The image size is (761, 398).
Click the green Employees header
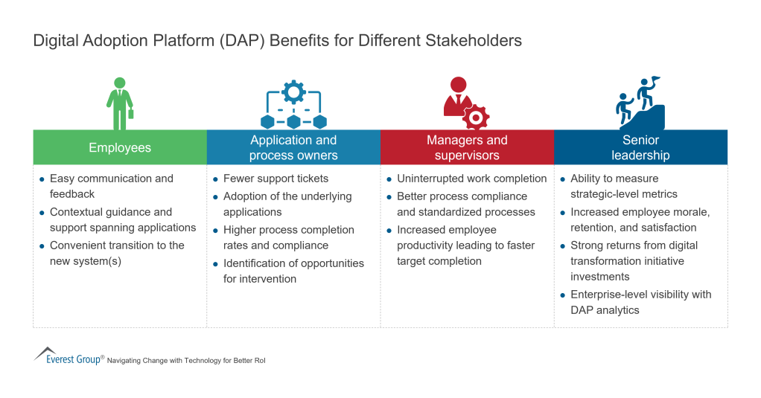(120, 147)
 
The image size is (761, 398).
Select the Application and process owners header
(293, 147)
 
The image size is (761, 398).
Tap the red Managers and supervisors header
(467, 147)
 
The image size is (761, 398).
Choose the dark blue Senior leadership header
(640, 147)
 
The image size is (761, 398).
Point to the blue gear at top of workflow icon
(293, 92)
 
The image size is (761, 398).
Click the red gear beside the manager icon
(475, 117)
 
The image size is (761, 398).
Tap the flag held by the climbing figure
(655, 80)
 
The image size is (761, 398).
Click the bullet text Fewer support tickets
(276, 179)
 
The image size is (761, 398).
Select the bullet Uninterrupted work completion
(471, 179)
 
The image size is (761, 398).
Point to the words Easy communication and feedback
(111, 186)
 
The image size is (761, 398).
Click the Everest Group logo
(69, 356)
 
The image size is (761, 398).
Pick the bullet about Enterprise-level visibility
(640, 302)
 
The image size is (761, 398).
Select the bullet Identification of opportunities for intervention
(293, 271)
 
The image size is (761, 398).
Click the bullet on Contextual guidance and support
(122, 219)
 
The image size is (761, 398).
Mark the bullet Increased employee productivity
(466, 245)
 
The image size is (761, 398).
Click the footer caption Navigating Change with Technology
(186, 360)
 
